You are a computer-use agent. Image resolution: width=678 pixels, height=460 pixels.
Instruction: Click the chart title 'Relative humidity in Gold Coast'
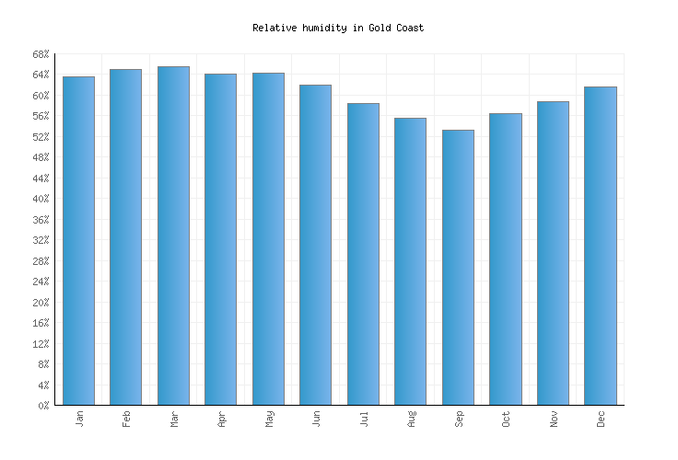click(x=338, y=29)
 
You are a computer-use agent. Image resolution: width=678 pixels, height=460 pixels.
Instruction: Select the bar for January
click(x=78, y=240)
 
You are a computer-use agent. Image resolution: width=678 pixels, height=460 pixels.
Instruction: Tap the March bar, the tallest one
click(x=173, y=236)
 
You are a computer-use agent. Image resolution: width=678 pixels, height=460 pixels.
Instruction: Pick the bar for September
click(x=458, y=267)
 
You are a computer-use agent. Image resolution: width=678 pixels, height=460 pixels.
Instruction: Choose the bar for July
click(x=363, y=254)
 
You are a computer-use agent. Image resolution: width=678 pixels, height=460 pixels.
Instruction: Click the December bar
click(x=600, y=246)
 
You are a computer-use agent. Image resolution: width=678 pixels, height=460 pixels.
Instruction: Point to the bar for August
click(x=410, y=261)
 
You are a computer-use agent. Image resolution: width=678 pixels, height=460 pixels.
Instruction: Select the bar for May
click(x=268, y=238)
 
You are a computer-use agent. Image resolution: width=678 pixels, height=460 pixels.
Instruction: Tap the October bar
click(x=505, y=259)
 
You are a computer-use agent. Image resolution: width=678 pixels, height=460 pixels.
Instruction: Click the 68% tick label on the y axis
click(x=41, y=54)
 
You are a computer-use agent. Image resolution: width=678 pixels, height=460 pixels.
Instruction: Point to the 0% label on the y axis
click(x=43, y=406)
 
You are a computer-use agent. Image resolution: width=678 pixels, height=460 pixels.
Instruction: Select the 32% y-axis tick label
click(x=41, y=240)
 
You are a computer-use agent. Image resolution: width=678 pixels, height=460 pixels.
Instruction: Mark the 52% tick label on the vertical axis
click(x=41, y=137)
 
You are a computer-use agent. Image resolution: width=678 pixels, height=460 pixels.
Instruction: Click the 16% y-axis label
click(x=41, y=323)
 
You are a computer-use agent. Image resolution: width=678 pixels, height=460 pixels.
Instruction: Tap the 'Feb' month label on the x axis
click(x=126, y=418)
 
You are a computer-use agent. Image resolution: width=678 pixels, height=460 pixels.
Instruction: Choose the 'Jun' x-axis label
click(x=316, y=418)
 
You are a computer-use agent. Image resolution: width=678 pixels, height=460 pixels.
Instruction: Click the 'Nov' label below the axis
click(x=553, y=418)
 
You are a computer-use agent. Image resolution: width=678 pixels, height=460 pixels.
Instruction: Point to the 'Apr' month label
click(x=221, y=418)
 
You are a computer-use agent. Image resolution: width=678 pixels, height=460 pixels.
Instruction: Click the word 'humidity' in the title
click(x=324, y=29)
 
